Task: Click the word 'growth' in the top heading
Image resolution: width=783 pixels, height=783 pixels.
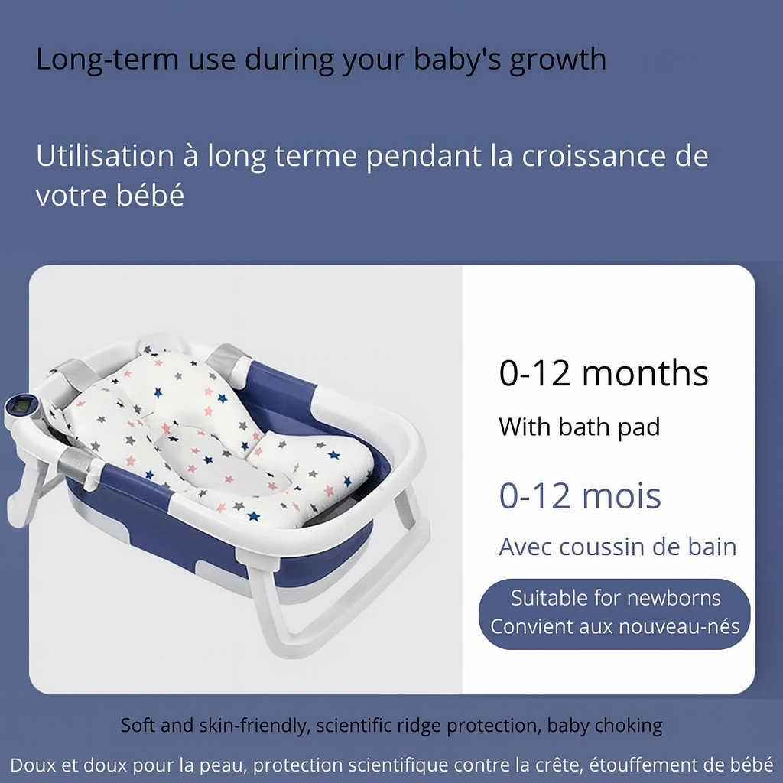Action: (x=557, y=60)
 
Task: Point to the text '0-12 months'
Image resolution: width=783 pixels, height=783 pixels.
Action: (x=604, y=373)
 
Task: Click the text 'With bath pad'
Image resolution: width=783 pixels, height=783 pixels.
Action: (x=580, y=427)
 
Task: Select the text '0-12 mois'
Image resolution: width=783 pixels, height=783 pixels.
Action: (x=580, y=495)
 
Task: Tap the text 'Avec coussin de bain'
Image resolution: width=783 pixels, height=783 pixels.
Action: (x=618, y=547)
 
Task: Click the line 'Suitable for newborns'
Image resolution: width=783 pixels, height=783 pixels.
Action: (x=616, y=598)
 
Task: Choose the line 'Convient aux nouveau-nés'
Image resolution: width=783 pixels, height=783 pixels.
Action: (x=615, y=626)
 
